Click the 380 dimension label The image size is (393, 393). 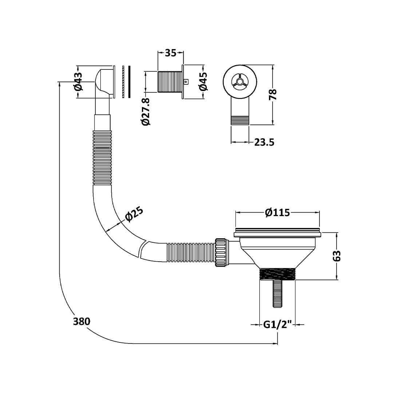[82, 321]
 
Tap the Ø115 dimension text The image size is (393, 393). [278, 212]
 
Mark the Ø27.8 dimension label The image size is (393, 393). [146, 111]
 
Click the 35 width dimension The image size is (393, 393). [170, 53]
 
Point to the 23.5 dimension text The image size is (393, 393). [264, 142]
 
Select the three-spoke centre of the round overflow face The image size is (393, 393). [239, 81]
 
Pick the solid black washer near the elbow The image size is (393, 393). [129, 82]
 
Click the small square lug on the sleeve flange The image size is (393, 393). [186, 82]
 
